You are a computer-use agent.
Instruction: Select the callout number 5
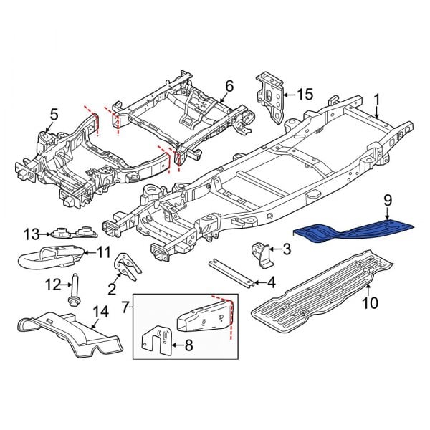coord(52,113)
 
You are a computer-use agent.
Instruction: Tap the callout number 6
coord(229,86)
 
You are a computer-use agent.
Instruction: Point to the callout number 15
coord(306,94)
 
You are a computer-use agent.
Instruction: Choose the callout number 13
coord(29,234)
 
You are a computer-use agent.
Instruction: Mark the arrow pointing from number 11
coord(87,252)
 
